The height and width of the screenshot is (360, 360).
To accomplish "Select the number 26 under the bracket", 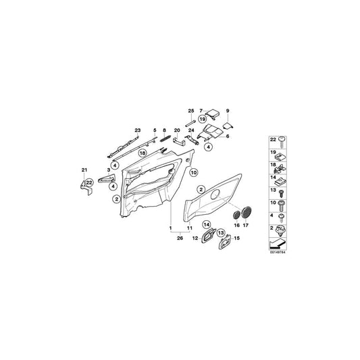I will coord(180,238).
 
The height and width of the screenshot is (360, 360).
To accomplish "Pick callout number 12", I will coord(195,237).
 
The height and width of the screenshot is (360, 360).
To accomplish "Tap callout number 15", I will coord(236,238).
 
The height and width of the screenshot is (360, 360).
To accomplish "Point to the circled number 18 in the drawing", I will coord(143,154).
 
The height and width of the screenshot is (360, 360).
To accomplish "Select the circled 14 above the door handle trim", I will coord(207,224).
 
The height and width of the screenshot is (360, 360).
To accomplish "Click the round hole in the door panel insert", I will coord(218,195).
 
